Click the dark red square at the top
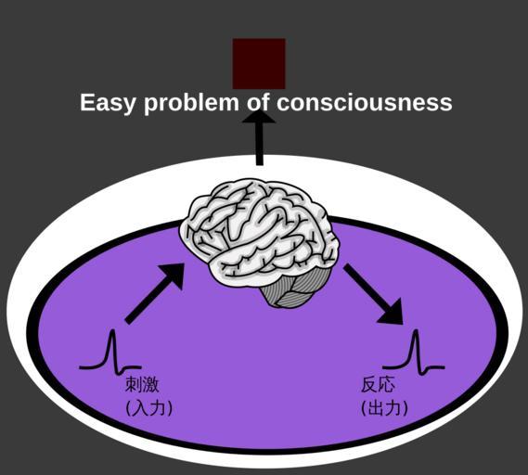259,64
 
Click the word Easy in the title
107,103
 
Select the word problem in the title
191,103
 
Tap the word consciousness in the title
365,102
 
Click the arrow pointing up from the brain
259,137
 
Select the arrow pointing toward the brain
155,293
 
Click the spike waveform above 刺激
110,353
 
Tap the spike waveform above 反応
414,353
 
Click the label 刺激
142,385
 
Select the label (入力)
148,408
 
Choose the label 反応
378,385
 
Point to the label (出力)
384,408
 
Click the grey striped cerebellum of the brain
290,289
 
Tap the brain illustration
260,243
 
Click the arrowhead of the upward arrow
259,117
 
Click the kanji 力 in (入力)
158,408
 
